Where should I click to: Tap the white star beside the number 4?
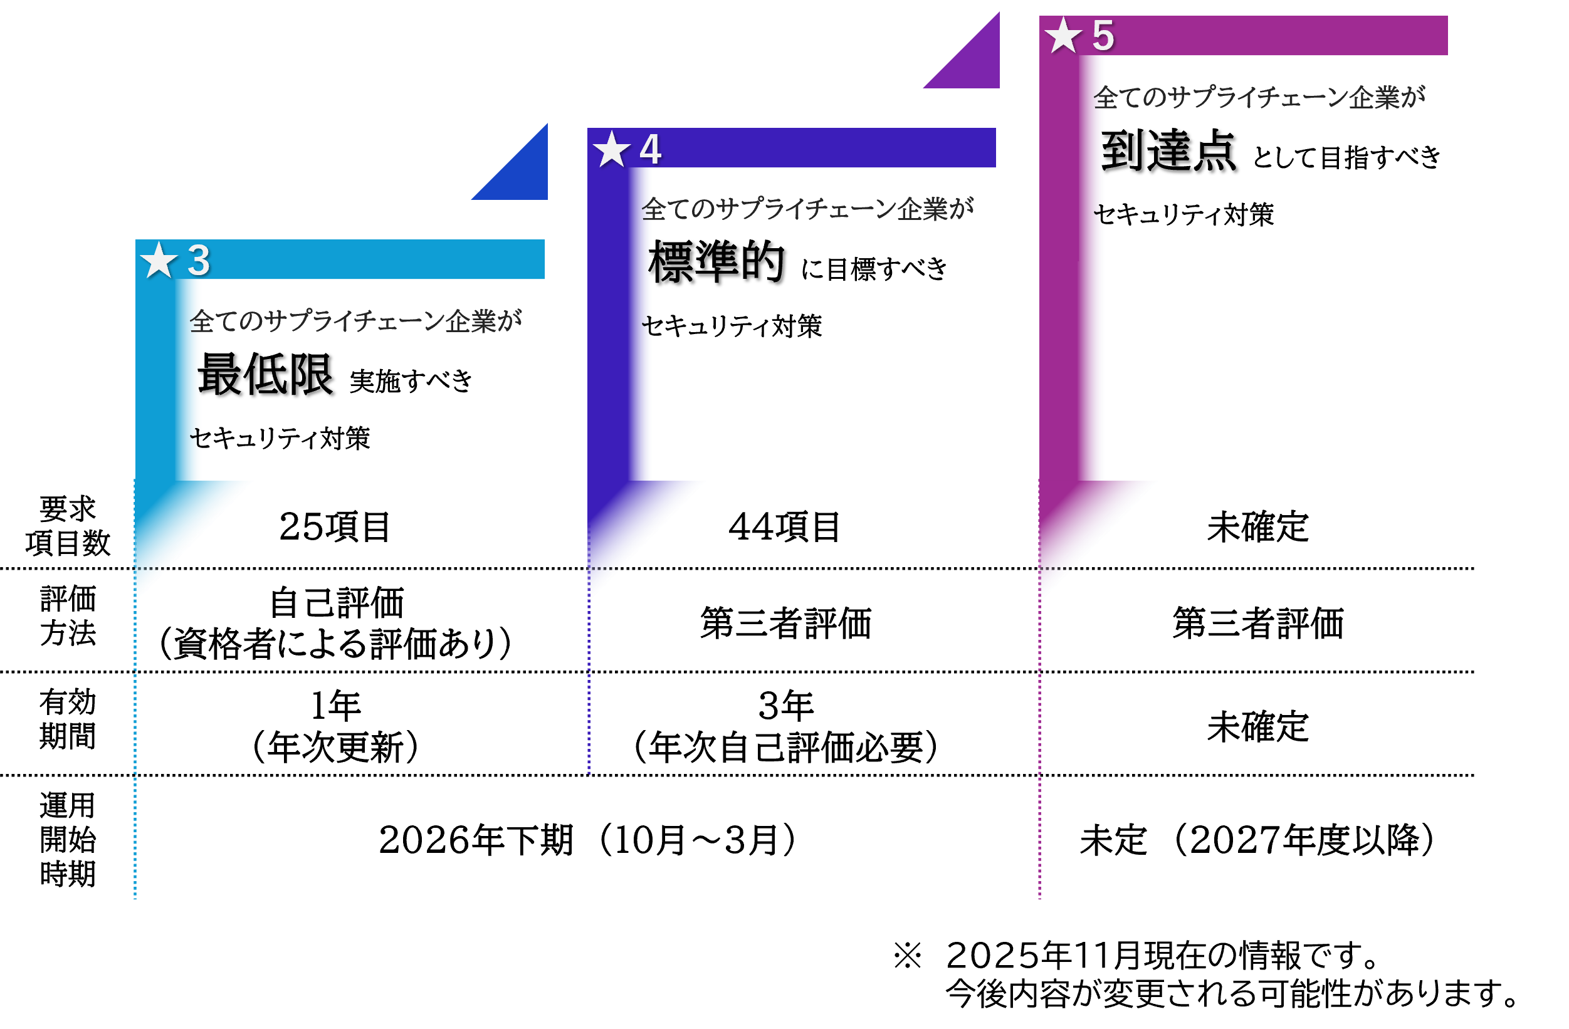pyautogui.click(x=611, y=149)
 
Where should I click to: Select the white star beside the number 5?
pyautogui.click(x=1063, y=36)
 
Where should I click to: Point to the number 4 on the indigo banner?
pyautogui.click(x=650, y=149)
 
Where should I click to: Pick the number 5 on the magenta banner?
pyautogui.click(x=1103, y=36)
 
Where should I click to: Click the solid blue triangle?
pyautogui.click(x=521, y=173)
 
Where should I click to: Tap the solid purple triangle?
pyautogui.click(x=973, y=61)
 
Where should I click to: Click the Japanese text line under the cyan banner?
pyautogui.click(x=355, y=321)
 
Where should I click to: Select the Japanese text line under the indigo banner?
pyautogui.click(x=807, y=210)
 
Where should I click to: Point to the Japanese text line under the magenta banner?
pyautogui.click(x=1259, y=98)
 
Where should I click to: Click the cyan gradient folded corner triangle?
pyautogui.click(x=178, y=521)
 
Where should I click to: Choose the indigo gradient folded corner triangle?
pyautogui.click(x=630, y=521)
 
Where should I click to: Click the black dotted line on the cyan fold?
pyautogui.click(x=152, y=568)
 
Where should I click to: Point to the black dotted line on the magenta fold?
pyautogui.click(x=1057, y=568)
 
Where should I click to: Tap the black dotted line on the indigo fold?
pyautogui.click(x=604, y=568)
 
